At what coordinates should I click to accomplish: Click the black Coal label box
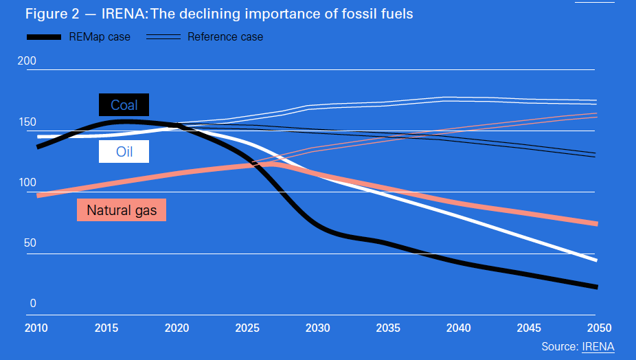tap(124, 105)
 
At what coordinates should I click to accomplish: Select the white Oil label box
tap(124, 152)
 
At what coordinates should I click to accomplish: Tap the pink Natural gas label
tap(122, 210)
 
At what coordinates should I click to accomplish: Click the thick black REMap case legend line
tap(44, 36)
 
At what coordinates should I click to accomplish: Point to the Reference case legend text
tap(225, 36)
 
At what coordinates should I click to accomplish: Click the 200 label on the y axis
tap(27, 61)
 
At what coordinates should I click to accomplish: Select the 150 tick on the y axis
tap(27, 122)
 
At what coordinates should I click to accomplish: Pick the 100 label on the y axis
tap(27, 183)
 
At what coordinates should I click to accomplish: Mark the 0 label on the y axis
tap(32, 304)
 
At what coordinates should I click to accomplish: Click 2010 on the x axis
tap(36, 328)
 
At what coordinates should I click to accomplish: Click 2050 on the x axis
tap(599, 328)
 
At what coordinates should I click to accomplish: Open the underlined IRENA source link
tap(598, 346)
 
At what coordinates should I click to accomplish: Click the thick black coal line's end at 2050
tap(595, 286)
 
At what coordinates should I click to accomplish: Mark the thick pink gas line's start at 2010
tap(39, 195)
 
